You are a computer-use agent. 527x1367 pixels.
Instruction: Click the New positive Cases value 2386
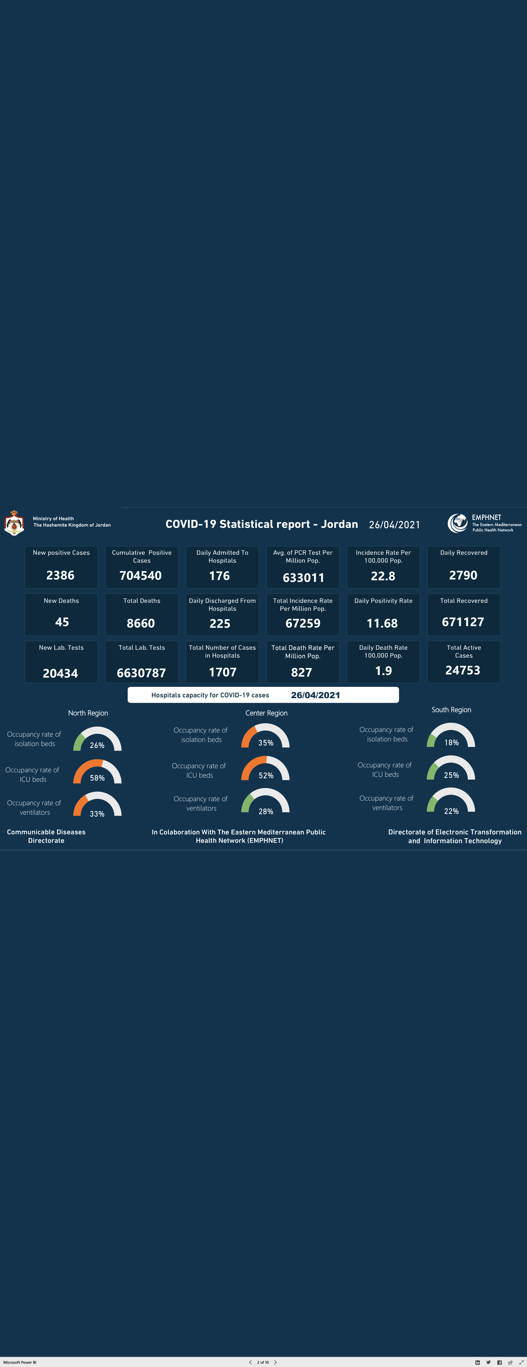[x=61, y=575]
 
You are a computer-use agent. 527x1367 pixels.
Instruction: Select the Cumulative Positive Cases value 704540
[x=141, y=575]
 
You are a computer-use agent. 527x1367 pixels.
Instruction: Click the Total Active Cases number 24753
[x=463, y=670]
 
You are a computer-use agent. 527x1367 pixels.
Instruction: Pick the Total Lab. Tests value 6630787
[x=141, y=673]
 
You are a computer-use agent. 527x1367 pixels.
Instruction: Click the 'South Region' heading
[x=451, y=709]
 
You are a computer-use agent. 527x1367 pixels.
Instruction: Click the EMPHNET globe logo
[x=457, y=523]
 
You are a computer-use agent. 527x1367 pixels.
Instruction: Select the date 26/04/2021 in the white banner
[x=315, y=695]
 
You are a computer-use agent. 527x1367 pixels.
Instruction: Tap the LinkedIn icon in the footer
[x=477, y=1362]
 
